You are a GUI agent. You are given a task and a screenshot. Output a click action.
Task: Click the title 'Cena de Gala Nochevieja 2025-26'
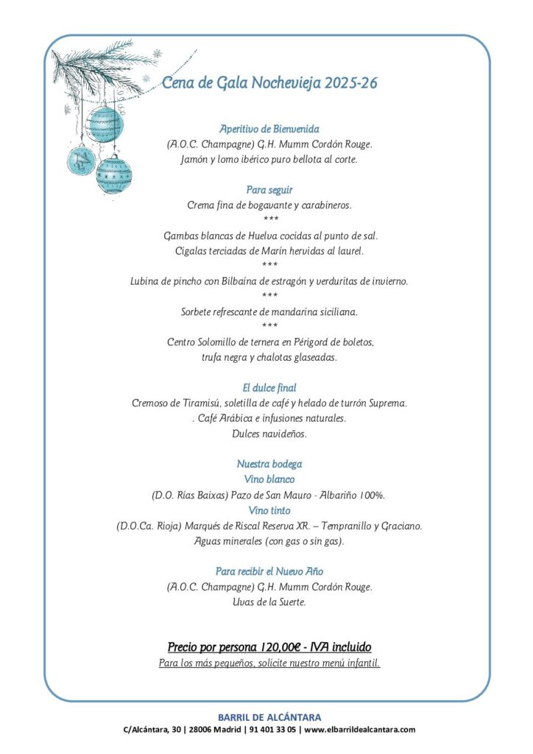269,83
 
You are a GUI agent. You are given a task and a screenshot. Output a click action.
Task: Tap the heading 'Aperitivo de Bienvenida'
269,129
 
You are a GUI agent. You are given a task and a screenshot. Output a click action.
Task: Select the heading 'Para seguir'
269,190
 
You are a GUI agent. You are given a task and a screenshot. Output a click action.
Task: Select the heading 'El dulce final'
269,387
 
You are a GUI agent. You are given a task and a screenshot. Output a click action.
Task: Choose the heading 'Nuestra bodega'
269,464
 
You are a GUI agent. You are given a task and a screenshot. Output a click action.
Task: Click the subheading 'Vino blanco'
269,479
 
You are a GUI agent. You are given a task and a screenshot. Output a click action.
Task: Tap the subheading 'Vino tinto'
269,510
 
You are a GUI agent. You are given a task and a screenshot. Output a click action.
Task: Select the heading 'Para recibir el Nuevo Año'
269,571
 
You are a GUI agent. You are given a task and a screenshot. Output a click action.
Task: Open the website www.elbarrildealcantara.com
360,730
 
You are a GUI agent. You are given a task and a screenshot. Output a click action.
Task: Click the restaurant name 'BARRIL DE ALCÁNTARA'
269,717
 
